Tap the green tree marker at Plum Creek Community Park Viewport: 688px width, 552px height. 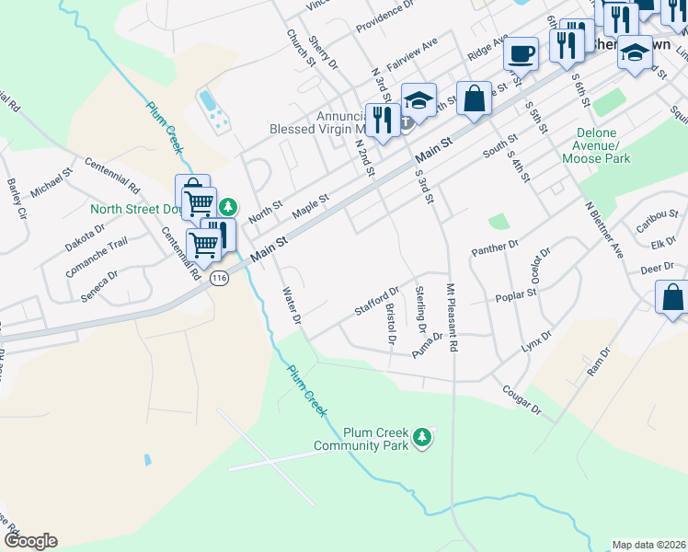click(x=422, y=436)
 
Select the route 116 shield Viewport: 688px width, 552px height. click(x=218, y=277)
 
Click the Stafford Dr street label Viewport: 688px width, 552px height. click(x=377, y=300)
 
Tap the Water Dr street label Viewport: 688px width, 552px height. click(x=292, y=305)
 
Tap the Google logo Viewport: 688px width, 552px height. click(x=30, y=541)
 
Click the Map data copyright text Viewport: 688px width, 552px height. click(x=648, y=545)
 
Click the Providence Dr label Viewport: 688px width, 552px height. click(x=384, y=10)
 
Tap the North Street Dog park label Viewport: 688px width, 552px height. click(x=132, y=209)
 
